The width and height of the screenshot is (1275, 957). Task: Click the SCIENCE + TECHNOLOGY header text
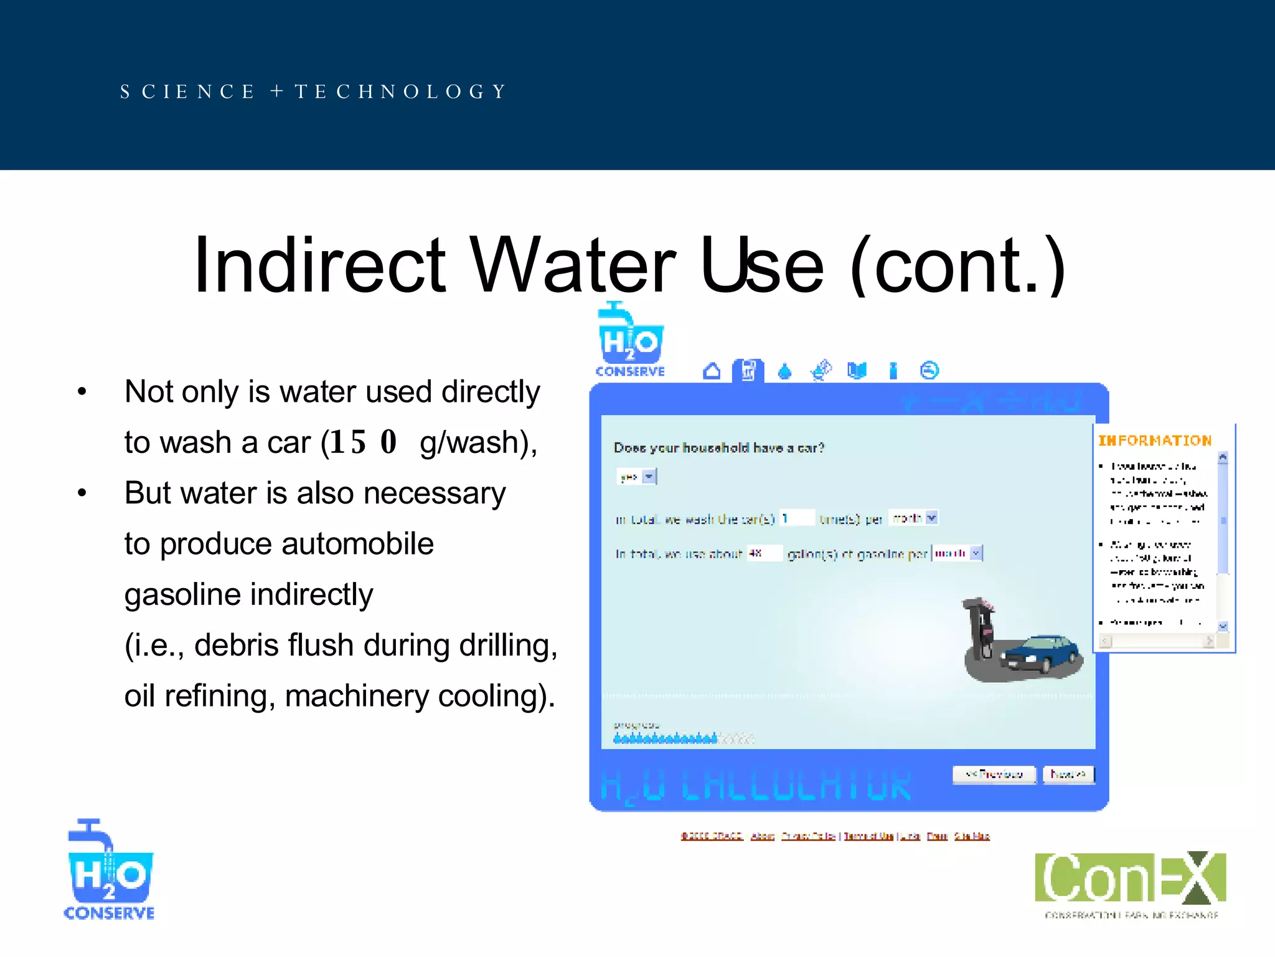pos(313,92)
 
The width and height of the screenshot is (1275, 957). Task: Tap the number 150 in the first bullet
pos(363,442)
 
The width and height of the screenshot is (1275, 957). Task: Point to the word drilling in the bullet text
pos(504,645)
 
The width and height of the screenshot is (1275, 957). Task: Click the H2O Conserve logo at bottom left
pos(110,870)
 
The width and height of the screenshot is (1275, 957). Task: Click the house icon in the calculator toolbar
pos(712,371)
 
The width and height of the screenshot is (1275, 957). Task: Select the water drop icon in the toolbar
pos(784,372)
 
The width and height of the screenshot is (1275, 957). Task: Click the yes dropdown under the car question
pos(636,477)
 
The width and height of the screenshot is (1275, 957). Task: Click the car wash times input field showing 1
pos(797,518)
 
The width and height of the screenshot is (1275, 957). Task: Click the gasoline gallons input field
pos(764,553)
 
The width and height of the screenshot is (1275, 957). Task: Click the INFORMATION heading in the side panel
pos(1154,441)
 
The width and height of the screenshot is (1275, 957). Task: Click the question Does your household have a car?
pos(718,448)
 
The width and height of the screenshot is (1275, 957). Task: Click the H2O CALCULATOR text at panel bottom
pos(755,786)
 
